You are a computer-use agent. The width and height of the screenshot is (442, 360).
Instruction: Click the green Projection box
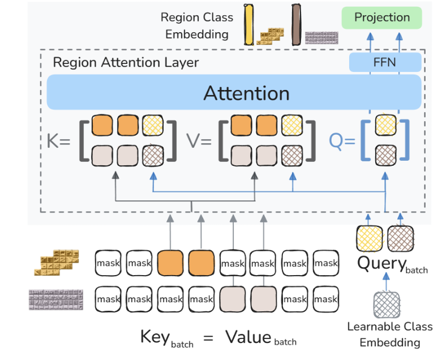tap(382, 18)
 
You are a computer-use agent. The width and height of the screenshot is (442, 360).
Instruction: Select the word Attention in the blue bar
tap(246, 93)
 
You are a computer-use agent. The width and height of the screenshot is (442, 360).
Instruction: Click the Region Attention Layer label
tap(126, 62)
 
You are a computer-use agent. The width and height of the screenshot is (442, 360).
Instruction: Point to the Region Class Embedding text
tap(196, 26)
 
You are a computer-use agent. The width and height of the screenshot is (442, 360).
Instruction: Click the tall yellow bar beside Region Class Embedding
tap(248, 24)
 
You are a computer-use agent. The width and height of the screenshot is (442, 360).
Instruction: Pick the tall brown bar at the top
tap(296, 24)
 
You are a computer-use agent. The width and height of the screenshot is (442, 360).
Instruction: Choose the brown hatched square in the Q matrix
tap(386, 154)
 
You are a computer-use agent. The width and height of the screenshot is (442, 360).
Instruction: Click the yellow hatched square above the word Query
tap(368, 238)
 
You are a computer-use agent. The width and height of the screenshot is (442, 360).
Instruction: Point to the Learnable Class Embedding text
tap(390, 335)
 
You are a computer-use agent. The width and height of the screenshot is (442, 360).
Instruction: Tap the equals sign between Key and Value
tap(208, 338)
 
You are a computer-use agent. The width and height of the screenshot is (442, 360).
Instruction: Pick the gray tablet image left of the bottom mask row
tap(55, 298)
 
